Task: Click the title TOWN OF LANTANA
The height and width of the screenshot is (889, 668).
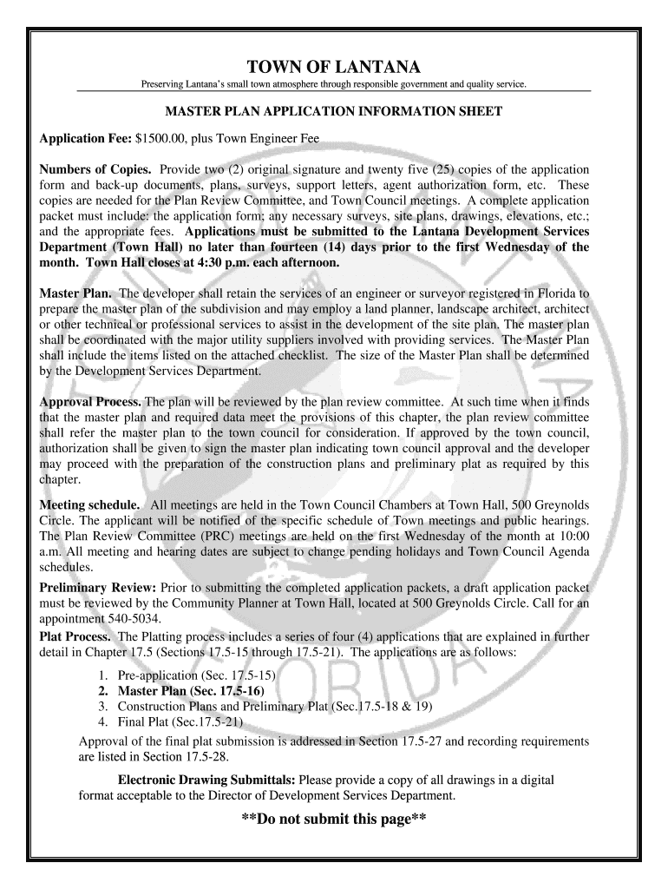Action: pyautogui.click(x=334, y=67)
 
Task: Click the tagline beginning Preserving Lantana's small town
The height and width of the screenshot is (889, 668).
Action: pyautogui.click(x=334, y=84)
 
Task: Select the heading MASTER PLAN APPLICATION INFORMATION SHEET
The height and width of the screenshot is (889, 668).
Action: pyautogui.click(x=334, y=113)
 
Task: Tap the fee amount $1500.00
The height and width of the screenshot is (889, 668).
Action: pyautogui.click(x=161, y=139)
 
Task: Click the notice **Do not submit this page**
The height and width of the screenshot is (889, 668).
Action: pyautogui.click(x=334, y=820)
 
